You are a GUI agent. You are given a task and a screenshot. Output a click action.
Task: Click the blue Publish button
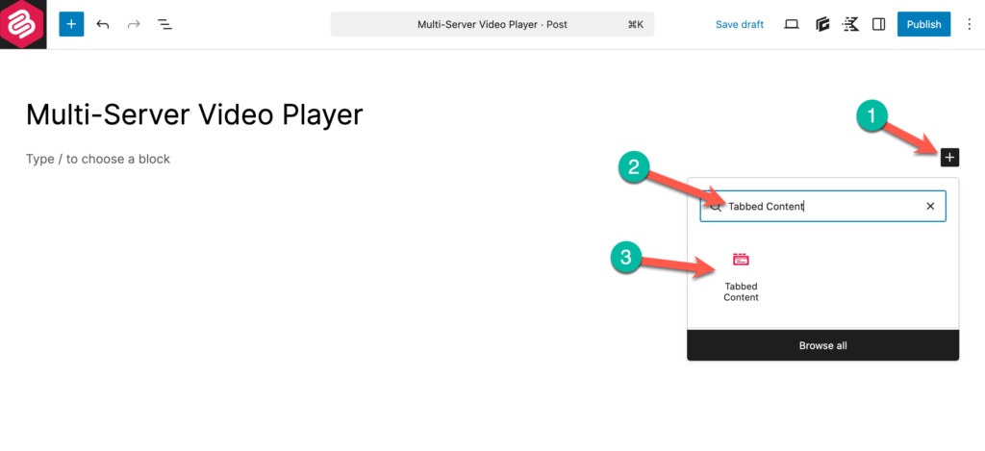[x=923, y=24]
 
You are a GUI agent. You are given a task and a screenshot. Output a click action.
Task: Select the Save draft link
[x=740, y=24]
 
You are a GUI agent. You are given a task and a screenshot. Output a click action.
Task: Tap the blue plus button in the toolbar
[x=71, y=24]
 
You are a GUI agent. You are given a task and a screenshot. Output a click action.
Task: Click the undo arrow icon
[x=102, y=24]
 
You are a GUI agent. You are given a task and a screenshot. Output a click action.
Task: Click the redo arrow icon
[x=133, y=24]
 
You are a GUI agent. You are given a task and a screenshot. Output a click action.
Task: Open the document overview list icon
[x=164, y=24]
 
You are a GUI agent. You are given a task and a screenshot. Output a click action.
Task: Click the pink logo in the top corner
[x=23, y=24]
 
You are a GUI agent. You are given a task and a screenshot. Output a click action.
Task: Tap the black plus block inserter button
[x=949, y=158]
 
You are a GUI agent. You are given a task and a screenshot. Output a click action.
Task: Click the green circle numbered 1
[x=871, y=116]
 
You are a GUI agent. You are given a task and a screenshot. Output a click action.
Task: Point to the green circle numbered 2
[x=634, y=167]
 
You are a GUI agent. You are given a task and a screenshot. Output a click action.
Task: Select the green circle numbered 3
[x=626, y=257]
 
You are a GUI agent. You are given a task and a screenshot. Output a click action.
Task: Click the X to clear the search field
[x=930, y=206]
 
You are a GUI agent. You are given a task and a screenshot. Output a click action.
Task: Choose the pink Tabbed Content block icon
[x=741, y=259]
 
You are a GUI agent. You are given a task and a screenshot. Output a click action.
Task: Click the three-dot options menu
[x=968, y=24]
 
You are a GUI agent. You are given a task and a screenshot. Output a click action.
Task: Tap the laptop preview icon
[x=792, y=24]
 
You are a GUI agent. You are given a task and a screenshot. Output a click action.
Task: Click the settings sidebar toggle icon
[x=879, y=24]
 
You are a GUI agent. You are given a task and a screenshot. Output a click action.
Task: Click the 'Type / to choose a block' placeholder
[x=98, y=159]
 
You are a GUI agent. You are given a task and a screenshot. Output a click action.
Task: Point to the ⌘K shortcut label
[x=636, y=24]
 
